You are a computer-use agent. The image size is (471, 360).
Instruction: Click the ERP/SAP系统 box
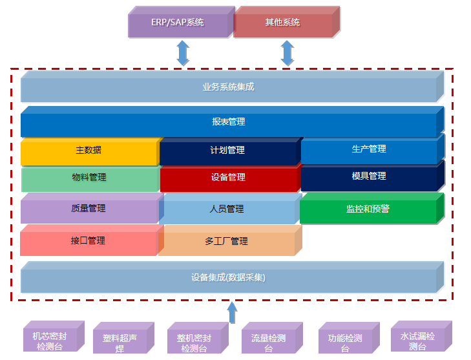coord(178,23)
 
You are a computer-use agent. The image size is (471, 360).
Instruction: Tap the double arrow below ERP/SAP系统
coord(183,53)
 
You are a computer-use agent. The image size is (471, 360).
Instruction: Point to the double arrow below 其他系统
coord(288,53)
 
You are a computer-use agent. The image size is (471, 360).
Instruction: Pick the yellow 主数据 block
coord(89,151)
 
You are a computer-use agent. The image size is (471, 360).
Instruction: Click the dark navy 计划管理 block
coord(227,151)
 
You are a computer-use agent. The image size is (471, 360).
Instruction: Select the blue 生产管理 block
coord(368,149)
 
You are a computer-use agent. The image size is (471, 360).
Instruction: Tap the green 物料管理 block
coord(89,178)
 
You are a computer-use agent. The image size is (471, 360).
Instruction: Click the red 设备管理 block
coord(228,178)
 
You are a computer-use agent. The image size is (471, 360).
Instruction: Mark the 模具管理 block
coord(368,176)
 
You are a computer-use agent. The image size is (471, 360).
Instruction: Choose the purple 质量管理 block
coord(89,209)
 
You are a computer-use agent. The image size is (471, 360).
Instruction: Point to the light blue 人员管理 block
coord(227,209)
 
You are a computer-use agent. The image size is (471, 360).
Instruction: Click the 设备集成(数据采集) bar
coord(228,278)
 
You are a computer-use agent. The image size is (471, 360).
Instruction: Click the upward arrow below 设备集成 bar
coord(232,313)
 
